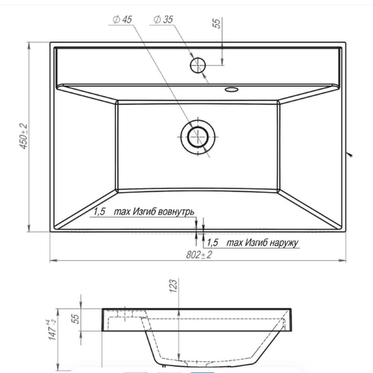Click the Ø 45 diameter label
(x=122, y=19)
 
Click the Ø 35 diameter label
(x=163, y=19)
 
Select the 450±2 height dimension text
(x=23, y=136)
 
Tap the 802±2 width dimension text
(x=199, y=255)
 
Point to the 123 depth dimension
(x=174, y=286)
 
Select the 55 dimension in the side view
(x=75, y=319)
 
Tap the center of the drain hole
(x=198, y=137)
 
